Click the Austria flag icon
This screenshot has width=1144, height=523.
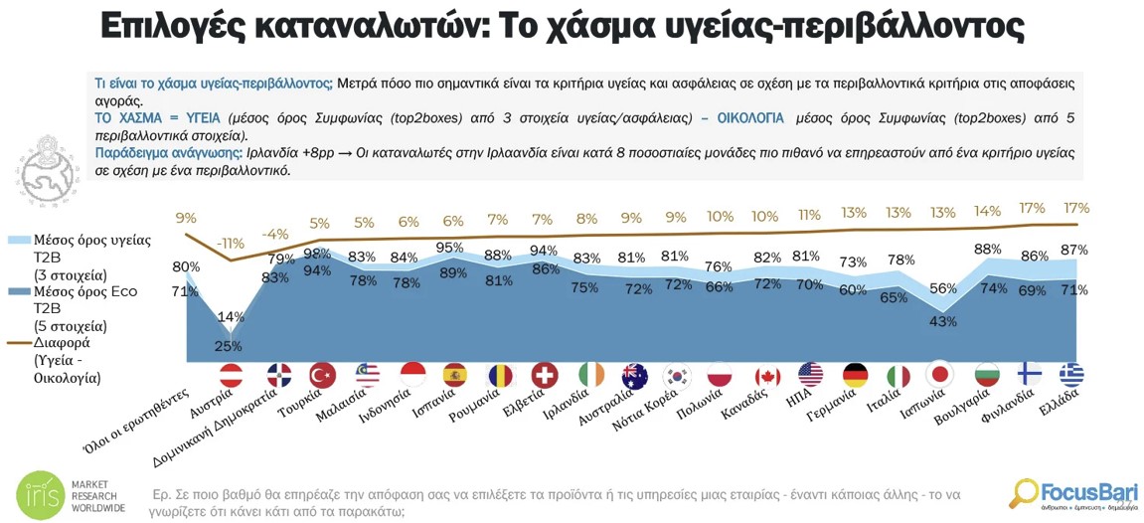tap(231, 376)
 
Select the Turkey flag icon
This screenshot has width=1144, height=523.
tap(322, 376)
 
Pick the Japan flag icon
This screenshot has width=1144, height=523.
tap(939, 376)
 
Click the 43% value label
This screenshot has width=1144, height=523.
tap(942, 321)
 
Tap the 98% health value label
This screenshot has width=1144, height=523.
tap(318, 254)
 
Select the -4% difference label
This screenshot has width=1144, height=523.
tap(275, 235)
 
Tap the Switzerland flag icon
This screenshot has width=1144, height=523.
tap(545, 376)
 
